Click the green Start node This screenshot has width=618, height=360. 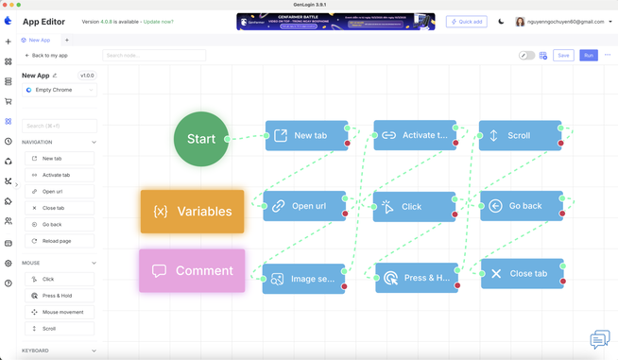pos(200,139)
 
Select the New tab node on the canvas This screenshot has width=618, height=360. pos(306,136)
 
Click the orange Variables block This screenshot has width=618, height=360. pos(192,212)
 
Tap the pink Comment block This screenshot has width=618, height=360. pos(192,270)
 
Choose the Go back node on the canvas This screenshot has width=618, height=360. pos(521,206)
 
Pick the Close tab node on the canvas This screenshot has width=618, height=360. pos(522,274)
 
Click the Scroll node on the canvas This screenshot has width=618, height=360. pos(520,136)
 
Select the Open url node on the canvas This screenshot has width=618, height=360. pos(305,206)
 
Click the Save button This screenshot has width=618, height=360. pos(563,55)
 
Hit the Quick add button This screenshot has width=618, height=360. pos(466,22)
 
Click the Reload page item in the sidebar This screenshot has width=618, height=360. pos(59,241)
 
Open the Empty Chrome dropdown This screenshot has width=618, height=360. pos(59,90)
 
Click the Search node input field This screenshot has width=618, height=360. pos(153,56)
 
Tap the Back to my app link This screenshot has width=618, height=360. pos(46,56)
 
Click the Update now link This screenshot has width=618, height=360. pos(159,22)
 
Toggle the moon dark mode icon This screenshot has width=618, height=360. pos(501,22)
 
